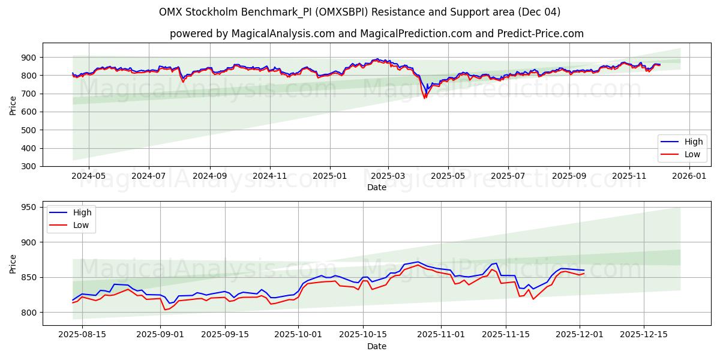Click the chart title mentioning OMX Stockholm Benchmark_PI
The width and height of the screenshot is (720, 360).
[x=359, y=12]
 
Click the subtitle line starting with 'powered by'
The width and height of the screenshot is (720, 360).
[x=376, y=34]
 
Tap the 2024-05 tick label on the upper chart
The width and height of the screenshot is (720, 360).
[x=89, y=176]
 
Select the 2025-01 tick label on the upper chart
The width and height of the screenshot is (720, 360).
[x=329, y=176]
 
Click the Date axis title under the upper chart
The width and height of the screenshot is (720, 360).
[x=376, y=187]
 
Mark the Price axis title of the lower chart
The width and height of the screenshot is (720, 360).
[x=13, y=263]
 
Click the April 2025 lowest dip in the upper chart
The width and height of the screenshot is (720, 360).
[x=425, y=97]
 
